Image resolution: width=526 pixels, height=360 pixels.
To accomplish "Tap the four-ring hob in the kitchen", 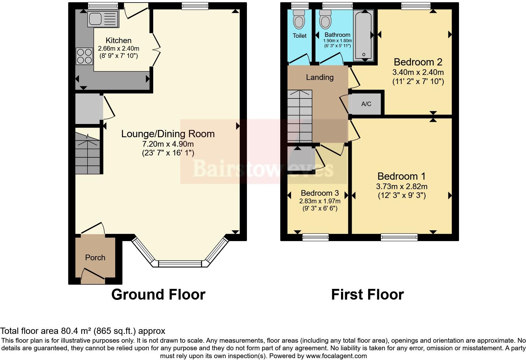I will [x=84, y=56].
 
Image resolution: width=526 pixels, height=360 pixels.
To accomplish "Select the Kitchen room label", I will [x=118, y=40].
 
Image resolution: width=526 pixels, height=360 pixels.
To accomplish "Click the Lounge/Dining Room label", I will [x=168, y=134].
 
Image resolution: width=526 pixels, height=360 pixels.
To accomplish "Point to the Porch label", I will [x=95, y=257].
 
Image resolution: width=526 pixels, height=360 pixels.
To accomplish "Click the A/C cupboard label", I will [x=366, y=104].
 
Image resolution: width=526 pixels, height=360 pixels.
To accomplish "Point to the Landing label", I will [x=320, y=77].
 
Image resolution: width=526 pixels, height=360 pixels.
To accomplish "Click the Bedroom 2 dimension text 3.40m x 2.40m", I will [x=418, y=72].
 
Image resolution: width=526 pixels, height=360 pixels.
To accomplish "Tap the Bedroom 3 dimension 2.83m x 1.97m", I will [x=320, y=201].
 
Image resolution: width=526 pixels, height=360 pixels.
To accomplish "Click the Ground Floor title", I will [x=158, y=295].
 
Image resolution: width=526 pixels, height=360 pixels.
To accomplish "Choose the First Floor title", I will [x=367, y=295].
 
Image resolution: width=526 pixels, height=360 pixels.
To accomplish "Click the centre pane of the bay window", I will [x=180, y=263].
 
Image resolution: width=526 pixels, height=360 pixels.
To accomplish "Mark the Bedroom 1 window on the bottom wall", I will [x=399, y=237].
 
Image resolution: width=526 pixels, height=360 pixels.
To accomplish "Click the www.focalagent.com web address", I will [x=336, y=356].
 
